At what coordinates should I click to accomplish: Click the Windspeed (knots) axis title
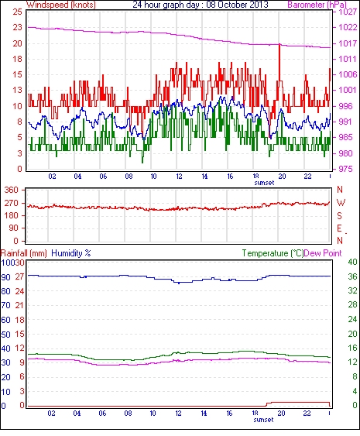tap(61, 5)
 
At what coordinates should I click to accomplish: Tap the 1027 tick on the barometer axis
tap(348, 12)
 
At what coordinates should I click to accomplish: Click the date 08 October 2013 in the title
tap(237, 5)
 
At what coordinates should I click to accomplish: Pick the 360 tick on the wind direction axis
tap(11, 191)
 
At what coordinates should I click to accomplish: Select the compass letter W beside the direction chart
tap(341, 202)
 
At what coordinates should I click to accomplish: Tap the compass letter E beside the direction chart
tap(339, 228)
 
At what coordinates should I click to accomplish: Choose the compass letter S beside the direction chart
tap(339, 215)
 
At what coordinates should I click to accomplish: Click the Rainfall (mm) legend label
tap(24, 253)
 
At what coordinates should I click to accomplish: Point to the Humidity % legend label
tap(71, 253)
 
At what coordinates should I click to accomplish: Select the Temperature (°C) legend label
tap(273, 253)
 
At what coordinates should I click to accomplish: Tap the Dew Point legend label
tap(323, 253)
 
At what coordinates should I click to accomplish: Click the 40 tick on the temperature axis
tap(352, 262)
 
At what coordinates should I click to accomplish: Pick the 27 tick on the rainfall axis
tap(19, 277)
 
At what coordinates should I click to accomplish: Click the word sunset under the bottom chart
tap(263, 420)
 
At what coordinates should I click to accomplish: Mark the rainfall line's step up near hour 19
tap(266, 404)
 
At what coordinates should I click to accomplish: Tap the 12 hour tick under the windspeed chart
tap(179, 177)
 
